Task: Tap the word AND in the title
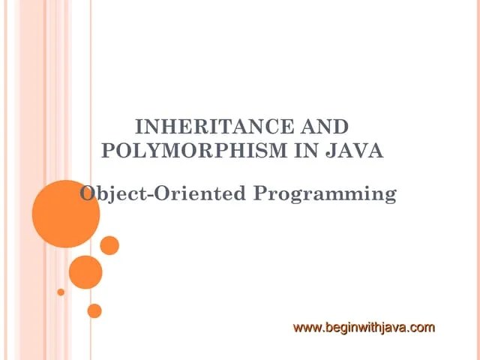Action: pyautogui.click(x=323, y=127)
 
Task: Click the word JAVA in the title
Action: pyautogui.click(x=357, y=150)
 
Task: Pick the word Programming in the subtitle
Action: pyautogui.click(x=324, y=194)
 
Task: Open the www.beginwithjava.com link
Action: pyautogui.click(x=364, y=327)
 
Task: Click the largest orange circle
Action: pyautogui.click(x=66, y=214)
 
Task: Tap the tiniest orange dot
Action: pyautogui.click(x=61, y=292)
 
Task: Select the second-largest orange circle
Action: pyautogui.click(x=85, y=272)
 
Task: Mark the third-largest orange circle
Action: pyautogui.click(x=109, y=245)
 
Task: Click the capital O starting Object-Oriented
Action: pyautogui.click(x=88, y=193)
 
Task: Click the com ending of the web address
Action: pyautogui.click(x=423, y=327)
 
